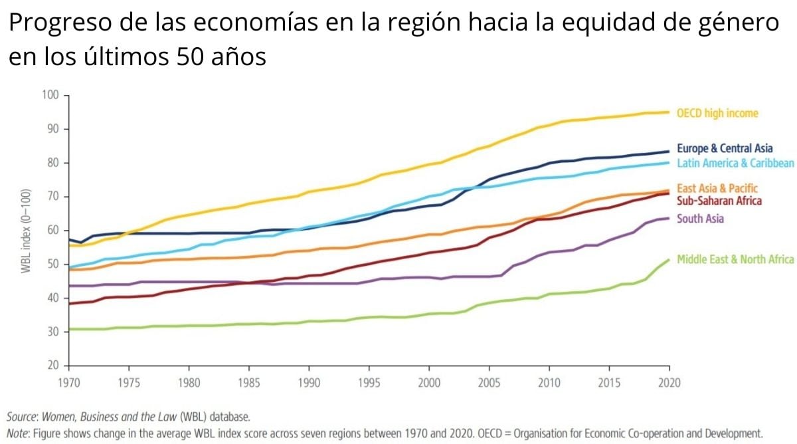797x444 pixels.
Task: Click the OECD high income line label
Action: (717, 114)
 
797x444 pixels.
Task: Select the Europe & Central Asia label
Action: (725, 148)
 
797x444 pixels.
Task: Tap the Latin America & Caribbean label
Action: (735, 164)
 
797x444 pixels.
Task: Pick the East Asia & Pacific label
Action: (717, 189)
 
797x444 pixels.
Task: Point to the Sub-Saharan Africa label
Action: (719, 201)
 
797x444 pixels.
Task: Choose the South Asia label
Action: (700, 219)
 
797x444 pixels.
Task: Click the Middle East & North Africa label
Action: (735, 259)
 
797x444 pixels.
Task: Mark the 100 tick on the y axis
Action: (50, 95)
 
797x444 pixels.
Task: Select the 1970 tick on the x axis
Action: (68, 383)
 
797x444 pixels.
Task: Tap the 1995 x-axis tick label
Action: (369, 383)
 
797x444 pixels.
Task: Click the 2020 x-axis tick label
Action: (669, 383)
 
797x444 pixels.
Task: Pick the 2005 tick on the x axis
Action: (489, 383)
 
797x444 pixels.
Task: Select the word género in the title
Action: (737, 25)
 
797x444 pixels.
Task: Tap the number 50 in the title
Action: (191, 57)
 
